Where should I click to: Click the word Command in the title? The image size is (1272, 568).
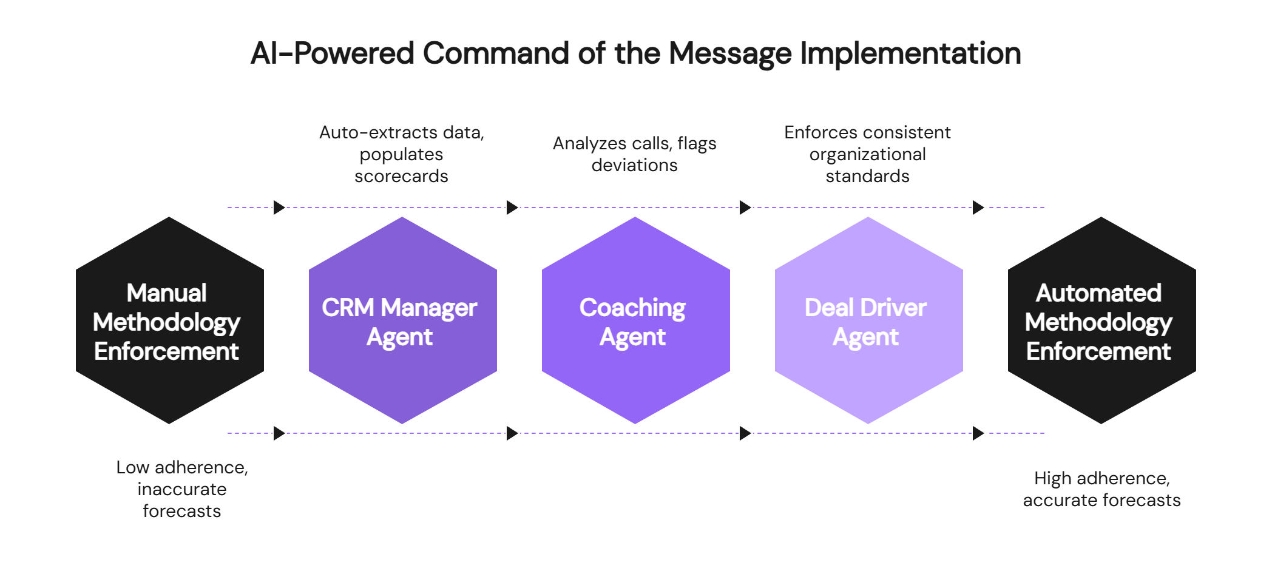(x=495, y=53)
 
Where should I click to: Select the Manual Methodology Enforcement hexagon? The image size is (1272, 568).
(x=169, y=320)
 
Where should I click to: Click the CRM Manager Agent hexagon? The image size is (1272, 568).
(x=402, y=320)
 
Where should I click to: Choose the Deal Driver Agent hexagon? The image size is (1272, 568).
(x=868, y=320)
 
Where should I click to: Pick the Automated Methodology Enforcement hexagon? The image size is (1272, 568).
(x=1101, y=320)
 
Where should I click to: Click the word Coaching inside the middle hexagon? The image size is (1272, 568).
(x=632, y=308)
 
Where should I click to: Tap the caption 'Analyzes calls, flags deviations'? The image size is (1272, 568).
(x=634, y=154)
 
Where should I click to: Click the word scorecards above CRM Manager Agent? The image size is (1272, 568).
(x=401, y=176)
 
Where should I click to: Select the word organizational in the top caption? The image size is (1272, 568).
(x=867, y=154)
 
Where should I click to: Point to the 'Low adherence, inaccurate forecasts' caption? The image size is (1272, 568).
(x=182, y=489)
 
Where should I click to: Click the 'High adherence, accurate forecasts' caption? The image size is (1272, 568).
(x=1101, y=489)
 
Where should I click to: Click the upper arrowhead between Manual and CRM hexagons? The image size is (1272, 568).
(x=279, y=208)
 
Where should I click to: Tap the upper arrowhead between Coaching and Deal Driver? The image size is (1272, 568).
(x=745, y=208)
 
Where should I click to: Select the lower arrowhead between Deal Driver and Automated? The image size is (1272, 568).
(x=978, y=433)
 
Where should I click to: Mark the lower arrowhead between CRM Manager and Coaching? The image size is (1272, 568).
(x=512, y=433)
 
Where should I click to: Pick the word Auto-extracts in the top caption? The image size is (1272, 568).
(x=370, y=132)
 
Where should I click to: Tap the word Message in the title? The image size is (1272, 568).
(x=730, y=53)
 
